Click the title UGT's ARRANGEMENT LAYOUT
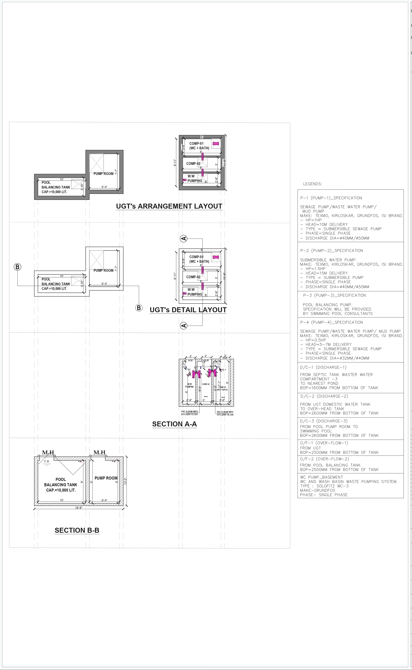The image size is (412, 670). click(x=169, y=206)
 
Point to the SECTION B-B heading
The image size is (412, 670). click(x=77, y=530)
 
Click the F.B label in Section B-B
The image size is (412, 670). click(x=47, y=461)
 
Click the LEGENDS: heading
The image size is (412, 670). click(x=312, y=184)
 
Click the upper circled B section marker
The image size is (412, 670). click(x=17, y=267)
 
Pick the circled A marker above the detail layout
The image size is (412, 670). click(x=184, y=239)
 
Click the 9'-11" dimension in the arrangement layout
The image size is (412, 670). click(x=175, y=163)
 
